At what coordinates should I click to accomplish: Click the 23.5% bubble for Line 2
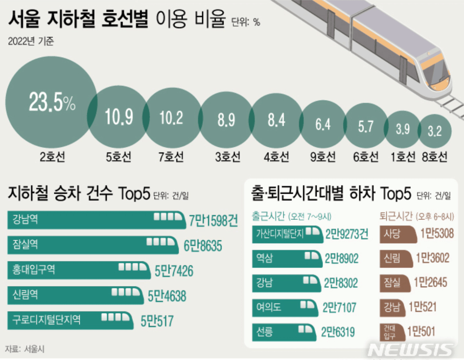coord(51,102)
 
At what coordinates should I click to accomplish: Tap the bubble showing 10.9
coord(119,117)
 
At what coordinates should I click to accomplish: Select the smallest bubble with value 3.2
coord(435,131)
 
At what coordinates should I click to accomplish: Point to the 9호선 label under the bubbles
coord(323,157)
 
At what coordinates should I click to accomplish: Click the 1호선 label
coord(403,157)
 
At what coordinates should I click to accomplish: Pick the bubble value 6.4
coord(323,124)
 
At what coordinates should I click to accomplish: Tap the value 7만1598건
coord(214,221)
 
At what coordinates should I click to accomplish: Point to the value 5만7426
coord(174,271)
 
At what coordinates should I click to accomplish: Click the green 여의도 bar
coord(284,307)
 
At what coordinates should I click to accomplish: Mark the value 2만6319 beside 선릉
coord(338,332)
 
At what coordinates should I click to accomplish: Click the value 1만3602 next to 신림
coord(433,258)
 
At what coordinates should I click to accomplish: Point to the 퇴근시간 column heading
coord(396,216)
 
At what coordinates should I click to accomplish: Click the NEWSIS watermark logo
coord(410,350)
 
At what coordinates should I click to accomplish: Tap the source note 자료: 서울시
coord(25,349)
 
